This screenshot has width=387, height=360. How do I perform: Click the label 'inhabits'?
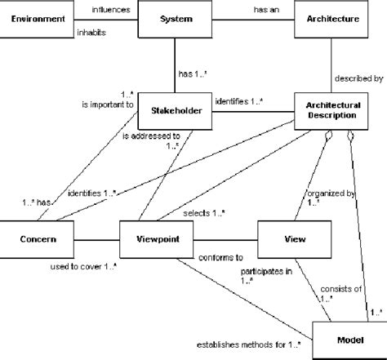pyautogui.click(x=91, y=33)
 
